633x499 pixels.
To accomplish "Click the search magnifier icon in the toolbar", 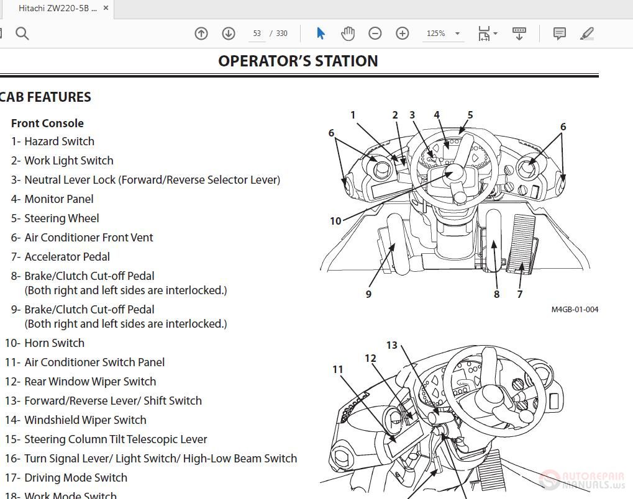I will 22,34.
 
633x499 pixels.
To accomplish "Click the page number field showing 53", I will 257,34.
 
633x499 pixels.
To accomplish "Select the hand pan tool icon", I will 348,34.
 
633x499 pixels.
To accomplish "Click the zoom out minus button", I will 375,34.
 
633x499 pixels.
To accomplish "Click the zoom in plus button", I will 403,34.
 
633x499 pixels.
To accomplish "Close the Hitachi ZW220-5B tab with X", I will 106,8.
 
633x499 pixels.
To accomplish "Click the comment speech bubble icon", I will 559,34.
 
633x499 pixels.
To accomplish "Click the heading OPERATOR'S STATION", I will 298,61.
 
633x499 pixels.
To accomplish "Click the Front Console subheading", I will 47,123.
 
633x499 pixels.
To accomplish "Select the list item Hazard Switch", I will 59,142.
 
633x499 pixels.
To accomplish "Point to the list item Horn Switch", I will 54,343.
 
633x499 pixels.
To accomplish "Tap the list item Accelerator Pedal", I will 66,257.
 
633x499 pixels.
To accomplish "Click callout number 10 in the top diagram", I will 335,221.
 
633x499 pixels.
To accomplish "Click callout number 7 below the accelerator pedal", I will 520,294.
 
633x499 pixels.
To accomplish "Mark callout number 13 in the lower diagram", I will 391,345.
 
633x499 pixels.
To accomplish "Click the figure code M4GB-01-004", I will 575,309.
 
